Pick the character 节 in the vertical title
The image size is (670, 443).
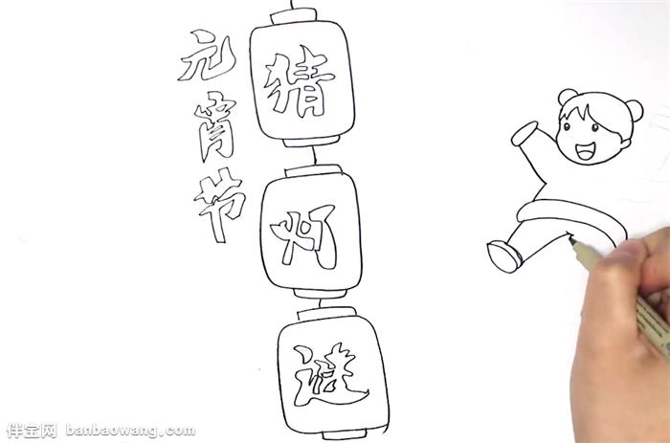219,204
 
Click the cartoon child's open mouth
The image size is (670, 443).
584,151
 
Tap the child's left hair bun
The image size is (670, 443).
567,96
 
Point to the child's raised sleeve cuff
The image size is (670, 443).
525,133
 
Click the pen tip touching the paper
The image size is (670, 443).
570,239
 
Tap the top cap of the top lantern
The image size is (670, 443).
295,17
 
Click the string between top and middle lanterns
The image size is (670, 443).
314,156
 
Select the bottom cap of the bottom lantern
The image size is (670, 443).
345,435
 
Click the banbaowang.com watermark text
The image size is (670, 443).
131,430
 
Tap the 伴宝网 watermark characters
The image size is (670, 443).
32,431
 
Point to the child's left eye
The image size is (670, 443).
566,127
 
